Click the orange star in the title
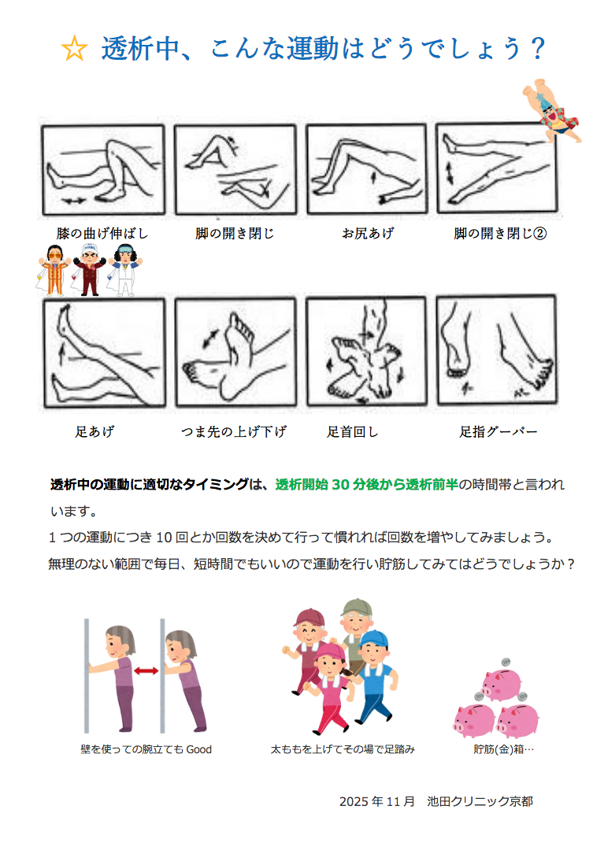74,49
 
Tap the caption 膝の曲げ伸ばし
102,233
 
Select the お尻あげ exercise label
367,233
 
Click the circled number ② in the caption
539,233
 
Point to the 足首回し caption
352,431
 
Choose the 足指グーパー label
498,431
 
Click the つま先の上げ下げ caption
234,431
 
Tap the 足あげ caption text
95,431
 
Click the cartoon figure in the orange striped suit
54,270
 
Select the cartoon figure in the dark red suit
90,270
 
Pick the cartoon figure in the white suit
124,270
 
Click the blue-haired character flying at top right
551,110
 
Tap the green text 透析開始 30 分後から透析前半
367,484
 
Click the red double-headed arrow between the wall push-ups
146,671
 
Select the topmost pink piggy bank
500,684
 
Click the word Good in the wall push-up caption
198,749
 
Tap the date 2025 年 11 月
376,801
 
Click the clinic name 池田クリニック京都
480,801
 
